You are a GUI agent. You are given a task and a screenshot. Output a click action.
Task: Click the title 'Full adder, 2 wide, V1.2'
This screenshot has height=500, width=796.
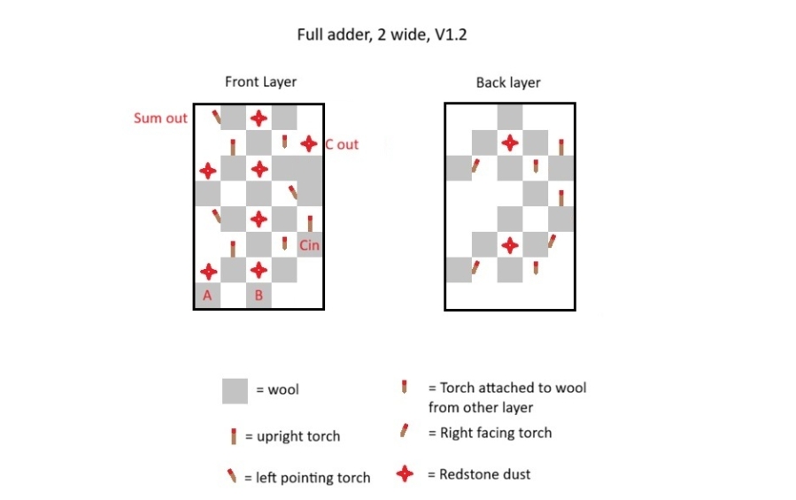coord(382,35)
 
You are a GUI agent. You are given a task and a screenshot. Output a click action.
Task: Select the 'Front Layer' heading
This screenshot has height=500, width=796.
coord(260,81)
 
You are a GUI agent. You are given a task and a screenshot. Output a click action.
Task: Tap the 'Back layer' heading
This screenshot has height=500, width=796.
coord(507,82)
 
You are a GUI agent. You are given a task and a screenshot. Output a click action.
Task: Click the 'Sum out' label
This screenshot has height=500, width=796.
coord(160,119)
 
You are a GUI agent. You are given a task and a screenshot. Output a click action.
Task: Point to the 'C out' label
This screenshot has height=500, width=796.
coord(342,144)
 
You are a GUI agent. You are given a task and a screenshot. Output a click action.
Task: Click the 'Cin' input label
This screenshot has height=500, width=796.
coord(309,245)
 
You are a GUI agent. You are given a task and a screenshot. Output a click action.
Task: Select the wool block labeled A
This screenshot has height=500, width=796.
coord(207,296)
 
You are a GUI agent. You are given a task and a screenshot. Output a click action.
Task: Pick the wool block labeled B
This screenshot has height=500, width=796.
coord(259,296)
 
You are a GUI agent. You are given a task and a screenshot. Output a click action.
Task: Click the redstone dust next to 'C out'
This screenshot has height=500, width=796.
coord(309,144)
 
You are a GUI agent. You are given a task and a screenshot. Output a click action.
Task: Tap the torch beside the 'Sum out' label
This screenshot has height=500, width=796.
coord(216,117)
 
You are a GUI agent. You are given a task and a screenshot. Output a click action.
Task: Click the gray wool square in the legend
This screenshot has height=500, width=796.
coord(235,391)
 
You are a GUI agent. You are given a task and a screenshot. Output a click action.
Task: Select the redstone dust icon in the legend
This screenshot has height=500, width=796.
coord(405,474)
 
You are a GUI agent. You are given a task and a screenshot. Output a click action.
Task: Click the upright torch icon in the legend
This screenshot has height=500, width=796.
coord(234,436)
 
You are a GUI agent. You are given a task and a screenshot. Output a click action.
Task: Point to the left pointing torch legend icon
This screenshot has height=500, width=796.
coord(231,475)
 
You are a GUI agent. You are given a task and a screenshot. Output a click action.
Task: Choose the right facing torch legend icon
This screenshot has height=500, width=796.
coord(404,430)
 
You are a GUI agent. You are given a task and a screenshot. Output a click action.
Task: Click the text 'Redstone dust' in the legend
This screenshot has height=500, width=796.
coord(484,474)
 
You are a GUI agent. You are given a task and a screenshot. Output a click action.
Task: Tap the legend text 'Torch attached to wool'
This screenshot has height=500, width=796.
coord(513,388)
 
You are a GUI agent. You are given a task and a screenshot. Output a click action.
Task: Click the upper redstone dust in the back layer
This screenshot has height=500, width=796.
coord(510,143)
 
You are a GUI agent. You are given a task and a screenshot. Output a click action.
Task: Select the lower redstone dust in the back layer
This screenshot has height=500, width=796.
coord(510,246)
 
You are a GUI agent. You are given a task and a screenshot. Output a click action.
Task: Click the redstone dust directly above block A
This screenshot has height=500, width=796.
coord(208,272)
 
